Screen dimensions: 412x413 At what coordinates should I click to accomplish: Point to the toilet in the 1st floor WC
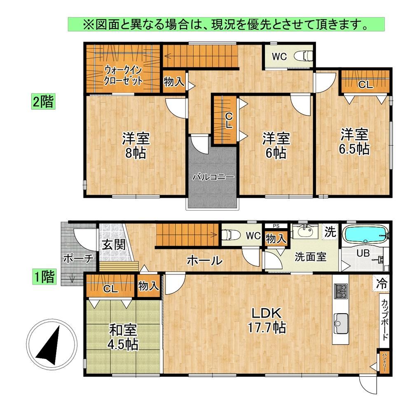[x=231, y=235]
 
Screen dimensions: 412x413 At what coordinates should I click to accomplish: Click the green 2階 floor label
[x=43, y=101]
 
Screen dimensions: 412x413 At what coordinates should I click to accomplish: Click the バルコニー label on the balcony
[x=213, y=177]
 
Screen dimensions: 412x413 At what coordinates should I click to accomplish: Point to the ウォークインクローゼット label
[x=123, y=76]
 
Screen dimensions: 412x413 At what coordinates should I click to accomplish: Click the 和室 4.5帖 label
[x=123, y=337]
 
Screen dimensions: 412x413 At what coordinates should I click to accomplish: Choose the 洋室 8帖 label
[x=136, y=146]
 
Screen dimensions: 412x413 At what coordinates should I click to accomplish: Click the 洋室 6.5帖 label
[x=354, y=142]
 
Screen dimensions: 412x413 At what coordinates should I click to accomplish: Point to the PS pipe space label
[x=276, y=226]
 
